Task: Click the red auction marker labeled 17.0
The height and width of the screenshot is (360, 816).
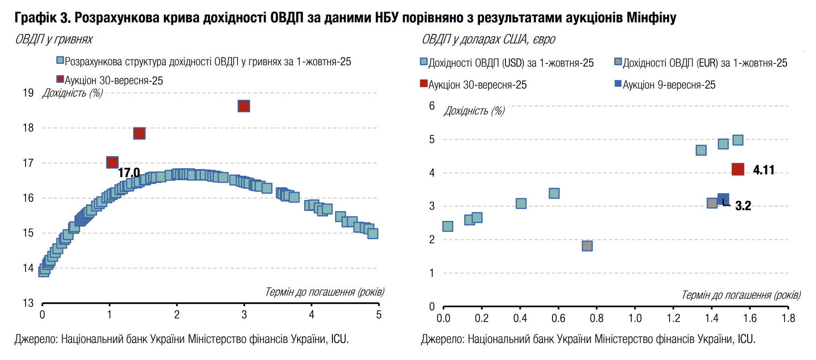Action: point(112,162)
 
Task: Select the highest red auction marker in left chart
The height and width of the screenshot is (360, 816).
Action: point(244,106)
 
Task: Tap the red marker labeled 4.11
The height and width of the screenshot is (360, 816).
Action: point(738,169)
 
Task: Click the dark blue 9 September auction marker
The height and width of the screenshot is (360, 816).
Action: point(723,199)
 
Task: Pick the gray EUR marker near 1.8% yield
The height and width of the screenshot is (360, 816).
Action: point(587,246)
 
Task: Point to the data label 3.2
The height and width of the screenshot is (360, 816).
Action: point(743,206)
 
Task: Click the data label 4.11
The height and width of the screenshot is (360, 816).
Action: point(764,170)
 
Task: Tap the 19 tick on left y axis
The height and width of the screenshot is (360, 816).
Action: point(28,93)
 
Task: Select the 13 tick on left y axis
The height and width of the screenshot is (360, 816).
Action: point(28,303)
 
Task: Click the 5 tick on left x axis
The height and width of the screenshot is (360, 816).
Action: point(379,315)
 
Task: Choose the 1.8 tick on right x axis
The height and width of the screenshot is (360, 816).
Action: point(788,318)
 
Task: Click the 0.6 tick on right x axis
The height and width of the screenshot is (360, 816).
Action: point(558,318)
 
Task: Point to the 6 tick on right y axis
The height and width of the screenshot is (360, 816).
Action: point(432,106)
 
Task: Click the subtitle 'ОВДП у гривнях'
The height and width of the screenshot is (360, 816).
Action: point(54,39)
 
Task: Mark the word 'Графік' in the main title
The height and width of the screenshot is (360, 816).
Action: point(36,17)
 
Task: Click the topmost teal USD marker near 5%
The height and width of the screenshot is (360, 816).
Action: point(738,140)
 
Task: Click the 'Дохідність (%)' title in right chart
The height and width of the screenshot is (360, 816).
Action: point(474,111)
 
